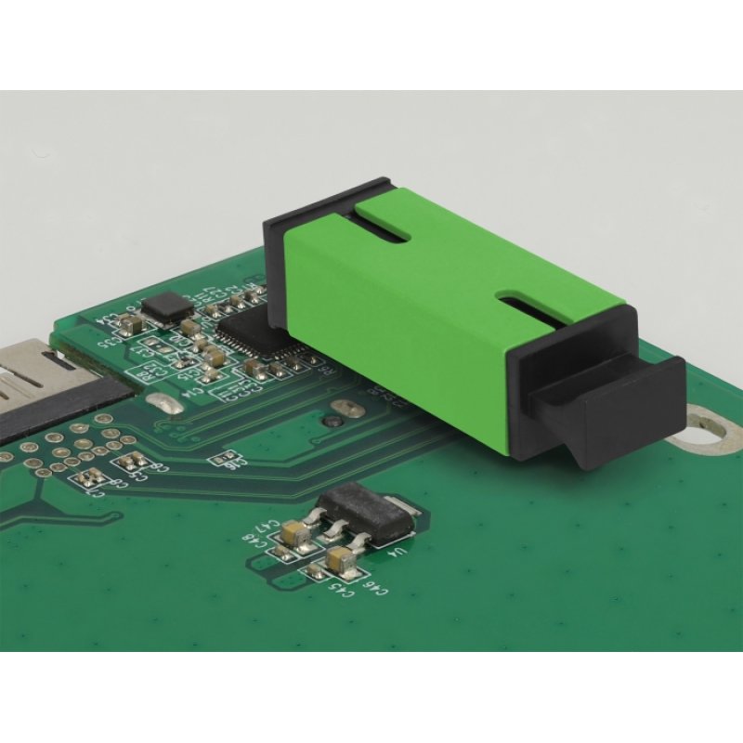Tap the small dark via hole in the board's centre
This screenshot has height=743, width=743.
pos(330,423)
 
